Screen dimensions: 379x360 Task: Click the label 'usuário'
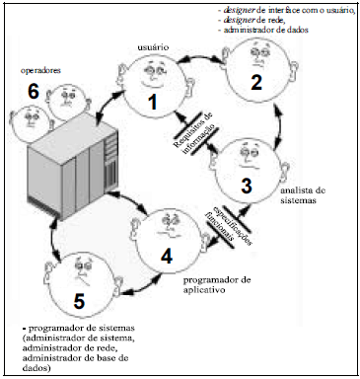click(x=149, y=46)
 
